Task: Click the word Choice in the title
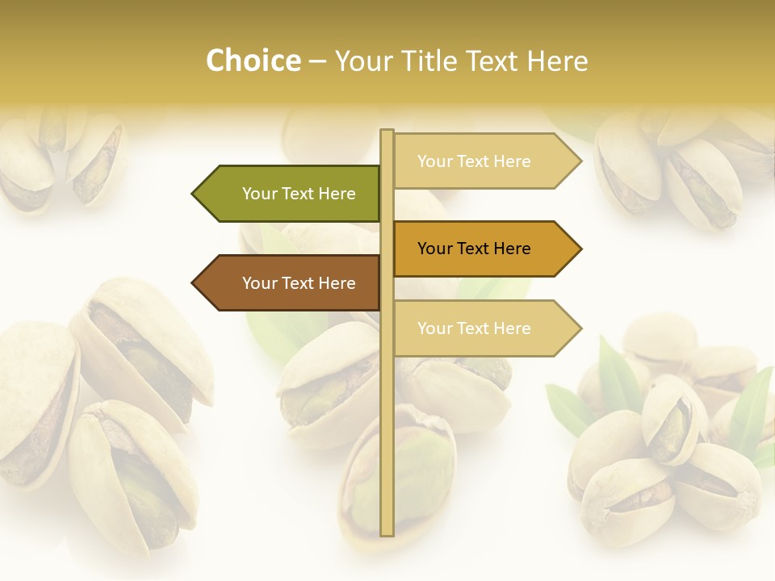pyautogui.click(x=253, y=61)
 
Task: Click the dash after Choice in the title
pyautogui.click(x=317, y=61)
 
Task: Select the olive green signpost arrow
pyautogui.click(x=291, y=194)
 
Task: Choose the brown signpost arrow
pyautogui.click(x=291, y=283)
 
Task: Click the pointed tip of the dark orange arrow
pyautogui.click(x=580, y=249)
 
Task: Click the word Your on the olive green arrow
pyautogui.click(x=259, y=194)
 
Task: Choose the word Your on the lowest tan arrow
pyautogui.click(x=434, y=328)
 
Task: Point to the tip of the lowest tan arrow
pyautogui.click(x=580, y=328)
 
